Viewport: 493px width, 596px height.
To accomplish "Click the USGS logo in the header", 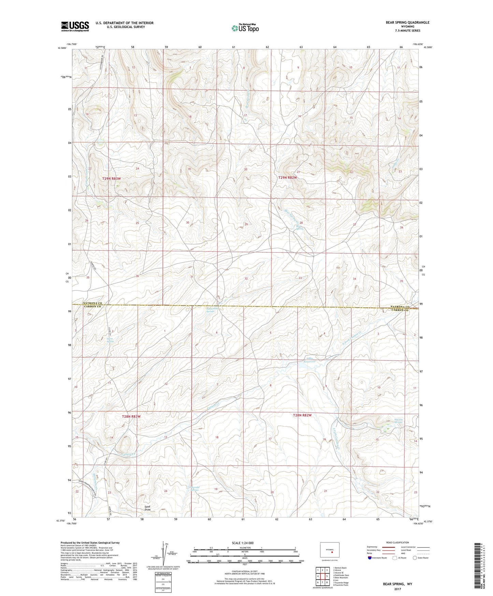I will (x=75, y=26).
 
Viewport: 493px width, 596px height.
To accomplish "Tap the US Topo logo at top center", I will (x=245, y=28).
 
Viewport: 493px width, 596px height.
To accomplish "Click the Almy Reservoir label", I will (x=309, y=360).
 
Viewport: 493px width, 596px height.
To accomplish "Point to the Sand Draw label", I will (x=147, y=508).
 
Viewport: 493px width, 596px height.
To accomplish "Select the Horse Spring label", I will (x=110, y=340).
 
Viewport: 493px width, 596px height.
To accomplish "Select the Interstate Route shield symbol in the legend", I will (x=370, y=558).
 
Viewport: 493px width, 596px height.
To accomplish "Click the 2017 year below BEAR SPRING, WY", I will (x=397, y=589).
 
